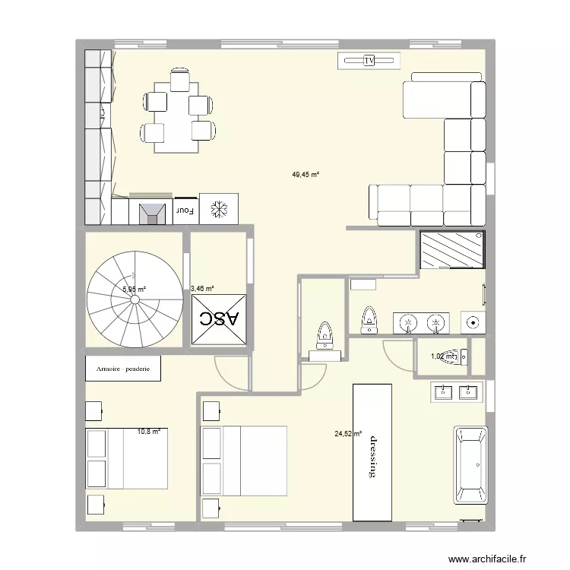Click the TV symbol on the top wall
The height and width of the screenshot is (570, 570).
point(369,60)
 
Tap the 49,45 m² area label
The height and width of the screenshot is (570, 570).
point(306,174)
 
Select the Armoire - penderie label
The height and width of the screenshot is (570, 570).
point(123,369)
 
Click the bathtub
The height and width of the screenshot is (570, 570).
point(470,465)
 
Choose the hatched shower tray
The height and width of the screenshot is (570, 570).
point(452,250)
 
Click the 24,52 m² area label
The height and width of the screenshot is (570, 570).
point(348,434)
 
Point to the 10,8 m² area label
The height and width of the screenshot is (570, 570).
point(149,432)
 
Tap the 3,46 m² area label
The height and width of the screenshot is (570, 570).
point(202,288)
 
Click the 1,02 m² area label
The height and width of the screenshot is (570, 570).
point(443,356)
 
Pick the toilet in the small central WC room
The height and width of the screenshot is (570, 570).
point(325,335)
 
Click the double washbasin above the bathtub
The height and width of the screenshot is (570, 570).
point(456,392)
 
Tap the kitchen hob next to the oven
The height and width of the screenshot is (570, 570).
point(152,211)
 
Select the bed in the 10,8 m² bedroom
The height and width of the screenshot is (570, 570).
point(126,458)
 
